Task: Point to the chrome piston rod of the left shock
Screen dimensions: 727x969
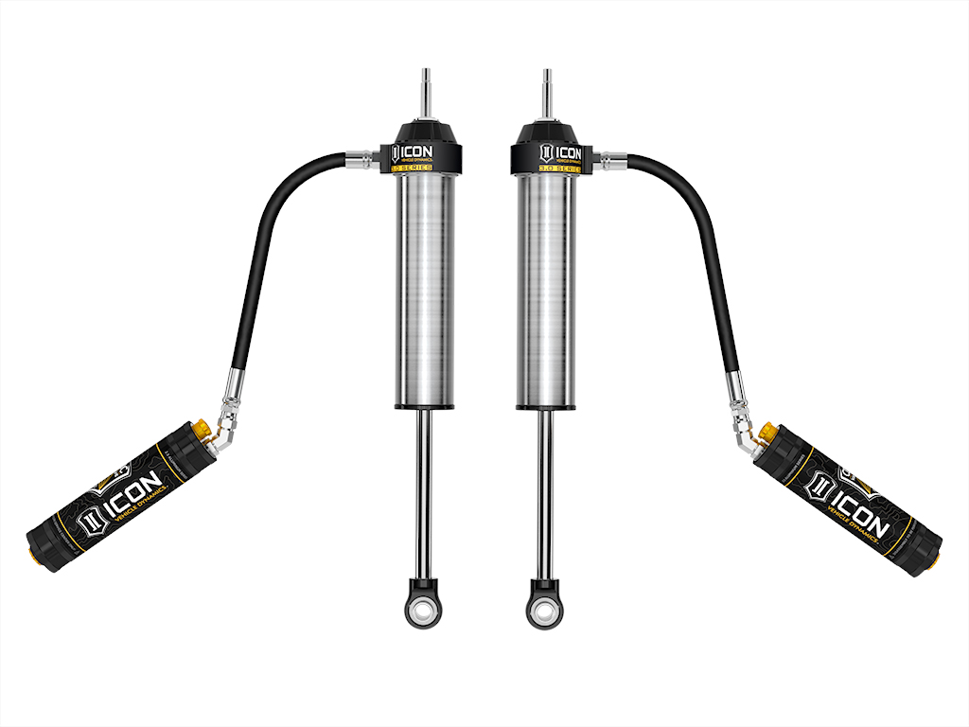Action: click(425, 492)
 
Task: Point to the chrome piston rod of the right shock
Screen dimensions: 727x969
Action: click(546, 492)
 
